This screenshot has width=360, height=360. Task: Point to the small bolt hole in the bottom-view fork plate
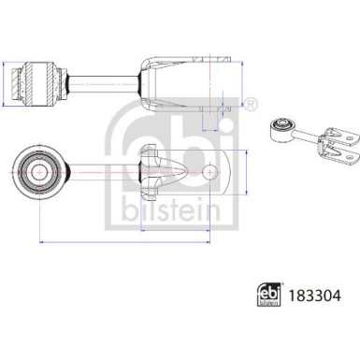click(202, 174)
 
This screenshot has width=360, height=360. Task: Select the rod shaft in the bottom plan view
click(103, 174)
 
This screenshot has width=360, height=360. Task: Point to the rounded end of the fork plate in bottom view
click(221, 174)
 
